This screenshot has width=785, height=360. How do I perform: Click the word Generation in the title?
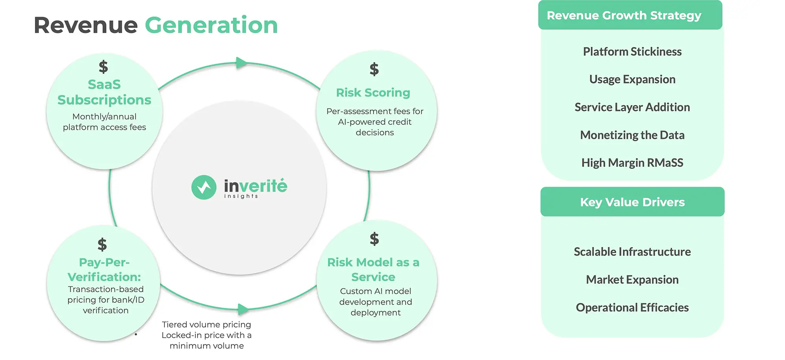211,26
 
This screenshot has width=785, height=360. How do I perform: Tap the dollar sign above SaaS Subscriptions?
103,67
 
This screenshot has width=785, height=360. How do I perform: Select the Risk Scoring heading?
373,93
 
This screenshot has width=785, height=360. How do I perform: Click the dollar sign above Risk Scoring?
374,69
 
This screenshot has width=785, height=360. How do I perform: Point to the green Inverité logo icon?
204,187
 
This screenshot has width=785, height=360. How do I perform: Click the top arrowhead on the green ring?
241,63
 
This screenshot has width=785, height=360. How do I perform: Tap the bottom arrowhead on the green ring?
243,309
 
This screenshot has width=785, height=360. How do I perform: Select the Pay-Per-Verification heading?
104,269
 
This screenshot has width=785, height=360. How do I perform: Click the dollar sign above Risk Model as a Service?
374,239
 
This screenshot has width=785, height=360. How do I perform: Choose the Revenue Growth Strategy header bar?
630,15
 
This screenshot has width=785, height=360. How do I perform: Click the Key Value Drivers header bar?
632,202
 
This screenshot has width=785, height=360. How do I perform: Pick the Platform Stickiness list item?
632,51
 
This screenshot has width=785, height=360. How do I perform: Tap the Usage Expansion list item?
632,79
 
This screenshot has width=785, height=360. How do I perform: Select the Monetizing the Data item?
632,135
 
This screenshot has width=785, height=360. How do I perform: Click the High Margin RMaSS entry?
632,163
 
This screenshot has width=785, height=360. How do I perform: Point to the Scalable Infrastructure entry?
632,252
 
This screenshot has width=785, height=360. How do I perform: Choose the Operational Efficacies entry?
632,307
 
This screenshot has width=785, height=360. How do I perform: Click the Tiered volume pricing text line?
206,325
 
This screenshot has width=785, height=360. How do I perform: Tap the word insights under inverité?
241,196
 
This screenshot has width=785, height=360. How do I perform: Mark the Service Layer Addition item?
632,107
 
